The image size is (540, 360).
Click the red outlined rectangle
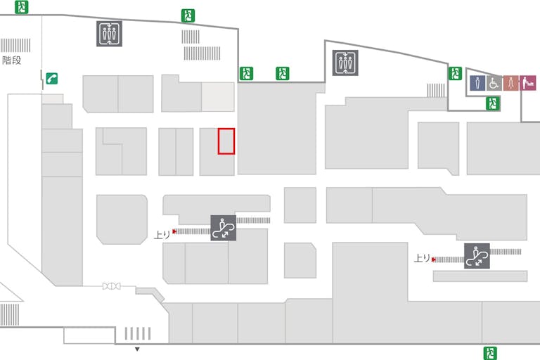tap(226, 141)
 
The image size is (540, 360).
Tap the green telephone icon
tap(51, 79)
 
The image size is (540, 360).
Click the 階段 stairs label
tap(12, 60)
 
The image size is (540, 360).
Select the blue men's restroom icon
tap(477, 83)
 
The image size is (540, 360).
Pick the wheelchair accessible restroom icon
tap(494, 83)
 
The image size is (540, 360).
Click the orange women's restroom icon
tap(510, 83)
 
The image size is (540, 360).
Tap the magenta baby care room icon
tap(527, 83)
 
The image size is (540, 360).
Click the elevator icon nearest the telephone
tap(109, 34)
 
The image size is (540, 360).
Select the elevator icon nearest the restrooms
tap(345, 63)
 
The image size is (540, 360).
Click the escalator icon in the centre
tap(223, 228)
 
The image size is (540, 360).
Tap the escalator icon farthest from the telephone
tap(477, 256)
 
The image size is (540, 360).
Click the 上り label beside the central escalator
tap(162, 235)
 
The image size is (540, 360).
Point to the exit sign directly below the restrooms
tap(493, 103)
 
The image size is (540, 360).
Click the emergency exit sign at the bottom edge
tap(490, 353)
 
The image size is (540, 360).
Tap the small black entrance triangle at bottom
tap(137, 349)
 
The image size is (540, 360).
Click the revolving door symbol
tap(111, 286)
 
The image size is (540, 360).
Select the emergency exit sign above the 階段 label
tap(21, 7)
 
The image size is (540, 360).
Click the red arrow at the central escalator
tap(174, 231)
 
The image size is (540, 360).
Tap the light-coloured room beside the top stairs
tap(218, 97)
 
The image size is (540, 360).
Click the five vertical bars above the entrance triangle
tap(138, 333)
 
